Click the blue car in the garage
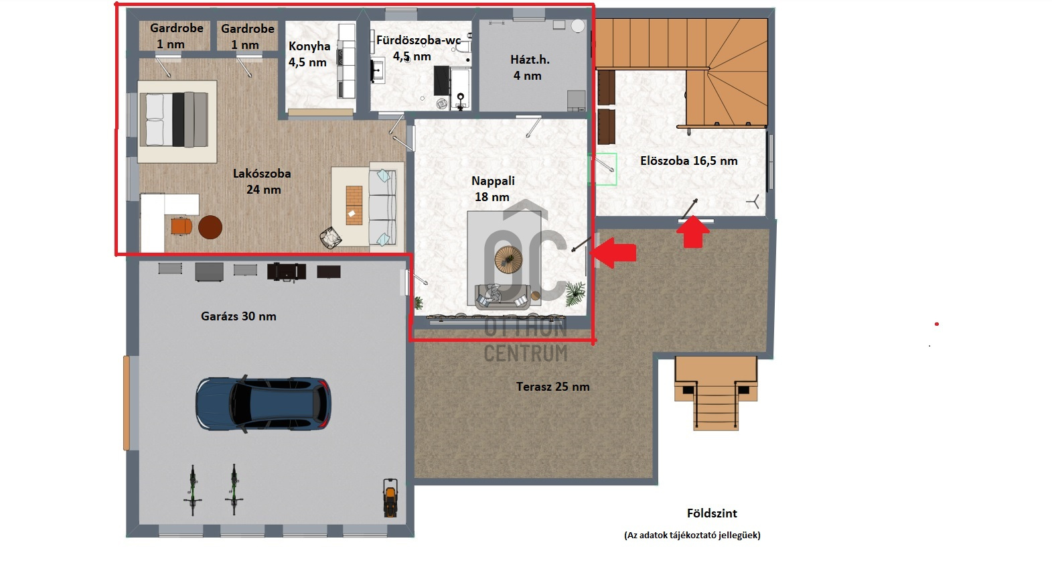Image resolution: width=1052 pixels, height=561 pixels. click(x=263, y=404)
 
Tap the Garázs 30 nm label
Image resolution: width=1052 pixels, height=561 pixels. click(x=238, y=316)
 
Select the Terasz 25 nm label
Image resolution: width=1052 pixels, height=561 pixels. click(x=552, y=387)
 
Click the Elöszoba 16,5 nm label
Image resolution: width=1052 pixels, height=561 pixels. click(x=689, y=161)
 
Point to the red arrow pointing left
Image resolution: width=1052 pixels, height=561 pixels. click(x=613, y=253)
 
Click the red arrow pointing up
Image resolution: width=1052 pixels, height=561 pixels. click(x=692, y=232)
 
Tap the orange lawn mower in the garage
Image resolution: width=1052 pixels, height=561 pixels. click(x=390, y=497)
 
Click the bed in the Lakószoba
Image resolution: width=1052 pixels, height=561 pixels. click(x=177, y=121)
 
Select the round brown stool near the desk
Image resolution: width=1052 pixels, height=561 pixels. click(x=210, y=228)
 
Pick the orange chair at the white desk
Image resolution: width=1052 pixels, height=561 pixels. click(x=181, y=226)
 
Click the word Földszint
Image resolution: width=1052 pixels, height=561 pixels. click(x=712, y=513)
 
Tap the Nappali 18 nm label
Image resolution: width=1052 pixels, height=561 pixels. click(x=493, y=189)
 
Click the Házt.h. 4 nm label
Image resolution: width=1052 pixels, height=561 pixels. click(x=529, y=68)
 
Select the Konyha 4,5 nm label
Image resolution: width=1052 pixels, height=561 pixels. click(x=309, y=54)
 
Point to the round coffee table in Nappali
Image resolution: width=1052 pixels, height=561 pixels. click(x=508, y=259)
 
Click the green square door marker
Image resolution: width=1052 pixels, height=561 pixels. click(x=603, y=170)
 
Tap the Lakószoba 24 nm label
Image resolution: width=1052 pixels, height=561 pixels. click(x=262, y=182)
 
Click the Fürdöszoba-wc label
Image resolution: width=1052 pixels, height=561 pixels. click(x=419, y=40)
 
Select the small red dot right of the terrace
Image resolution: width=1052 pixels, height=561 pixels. click(x=936, y=324)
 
